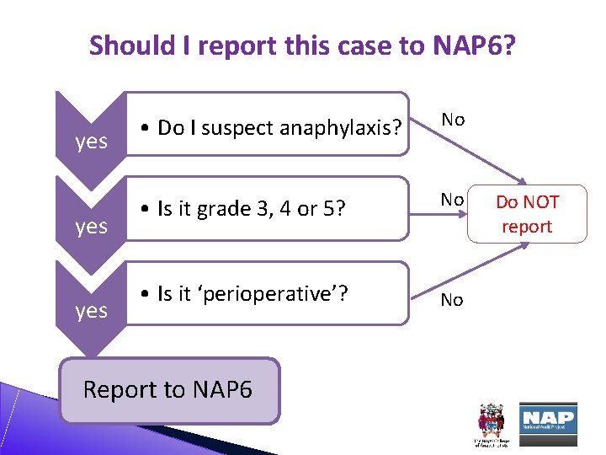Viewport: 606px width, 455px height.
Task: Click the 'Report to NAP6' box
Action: pos(169,390)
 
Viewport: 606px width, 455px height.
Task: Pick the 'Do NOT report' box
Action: pos(527,214)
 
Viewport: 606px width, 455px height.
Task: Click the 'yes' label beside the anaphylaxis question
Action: pos(91,141)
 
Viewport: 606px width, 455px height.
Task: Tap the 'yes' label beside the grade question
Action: pos(91,226)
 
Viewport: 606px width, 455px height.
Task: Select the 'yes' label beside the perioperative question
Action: pos(91,310)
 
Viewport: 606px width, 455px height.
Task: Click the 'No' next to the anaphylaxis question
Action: pos(453,120)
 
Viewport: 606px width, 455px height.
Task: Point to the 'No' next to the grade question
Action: pos(453,200)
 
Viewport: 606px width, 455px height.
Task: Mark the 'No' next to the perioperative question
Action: pos(452,300)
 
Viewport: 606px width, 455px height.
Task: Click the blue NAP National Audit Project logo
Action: pos(548,418)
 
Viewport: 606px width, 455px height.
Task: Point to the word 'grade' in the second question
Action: pos(226,208)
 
